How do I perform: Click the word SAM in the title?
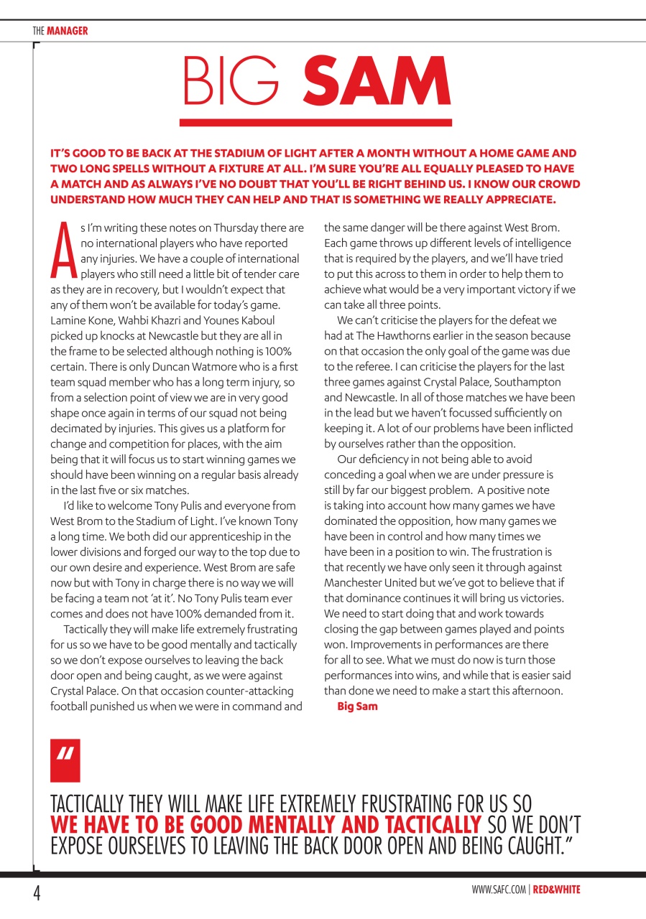377,83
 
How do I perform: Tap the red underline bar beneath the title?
316,123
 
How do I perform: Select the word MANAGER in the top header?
67,31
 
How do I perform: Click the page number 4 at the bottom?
34,894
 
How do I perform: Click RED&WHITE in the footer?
556,890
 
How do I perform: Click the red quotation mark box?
65,760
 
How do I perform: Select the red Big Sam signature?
357,706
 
